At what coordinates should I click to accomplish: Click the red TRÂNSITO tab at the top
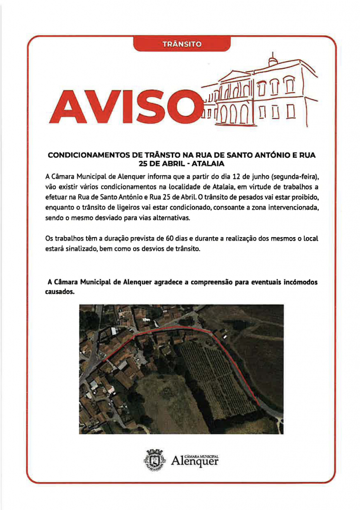pos(182,44)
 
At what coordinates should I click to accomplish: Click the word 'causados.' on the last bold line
pos(59,293)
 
